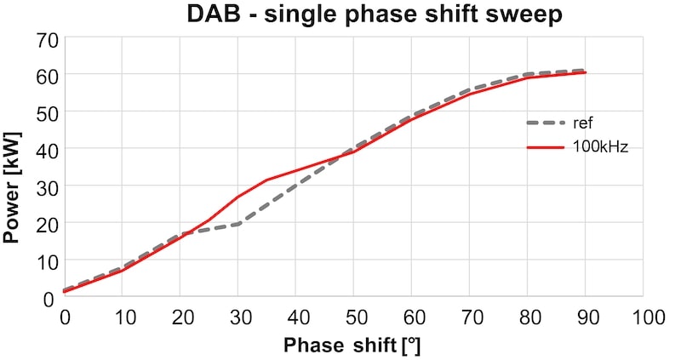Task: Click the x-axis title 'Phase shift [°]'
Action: (x=352, y=346)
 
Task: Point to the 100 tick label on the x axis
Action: (x=643, y=317)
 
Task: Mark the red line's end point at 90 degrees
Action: (x=585, y=72)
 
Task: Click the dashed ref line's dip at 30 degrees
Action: (x=237, y=224)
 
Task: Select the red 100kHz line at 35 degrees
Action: (x=266, y=180)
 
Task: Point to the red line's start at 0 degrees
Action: (x=65, y=292)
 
